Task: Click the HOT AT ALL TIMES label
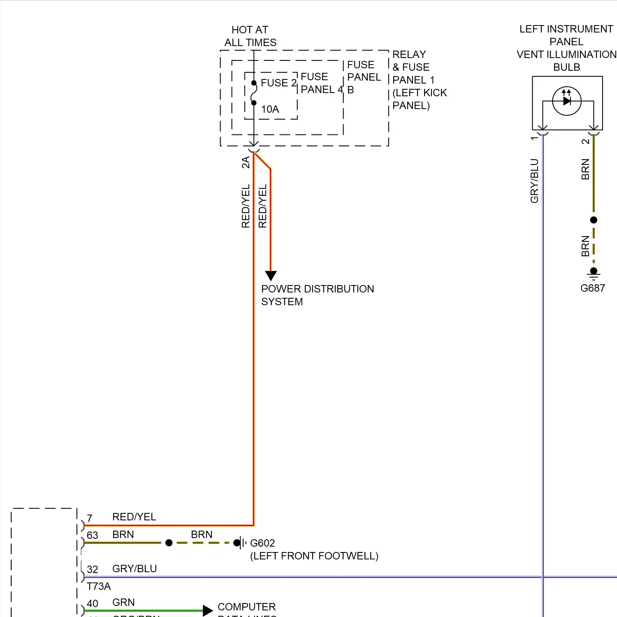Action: [x=250, y=36]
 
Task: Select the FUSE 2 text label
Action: [x=278, y=83]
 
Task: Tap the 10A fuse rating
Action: [x=270, y=109]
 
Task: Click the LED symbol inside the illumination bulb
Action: [x=567, y=101]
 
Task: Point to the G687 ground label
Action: [x=592, y=288]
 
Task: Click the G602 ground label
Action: [x=262, y=543]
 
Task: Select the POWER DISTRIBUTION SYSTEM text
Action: [x=317, y=295]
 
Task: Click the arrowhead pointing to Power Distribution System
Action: [x=271, y=275]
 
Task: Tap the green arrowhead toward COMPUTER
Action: [x=208, y=610]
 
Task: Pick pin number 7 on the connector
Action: [x=90, y=518]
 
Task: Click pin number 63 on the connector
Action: [x=93, y=535]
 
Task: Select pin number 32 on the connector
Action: [x=93, y=569]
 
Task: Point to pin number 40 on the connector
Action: [x=93, y=603]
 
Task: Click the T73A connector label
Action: [x=99, y=586]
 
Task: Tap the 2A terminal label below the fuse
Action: [x=246, y=162]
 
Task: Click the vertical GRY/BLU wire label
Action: [x=534, y=181]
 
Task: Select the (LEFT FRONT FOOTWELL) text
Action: [x=314, y=556]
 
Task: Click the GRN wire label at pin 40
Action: [x=123, y=602]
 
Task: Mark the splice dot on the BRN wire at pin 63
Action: [x=169, y=543]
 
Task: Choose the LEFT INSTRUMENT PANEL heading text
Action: [x=566, y=35]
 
